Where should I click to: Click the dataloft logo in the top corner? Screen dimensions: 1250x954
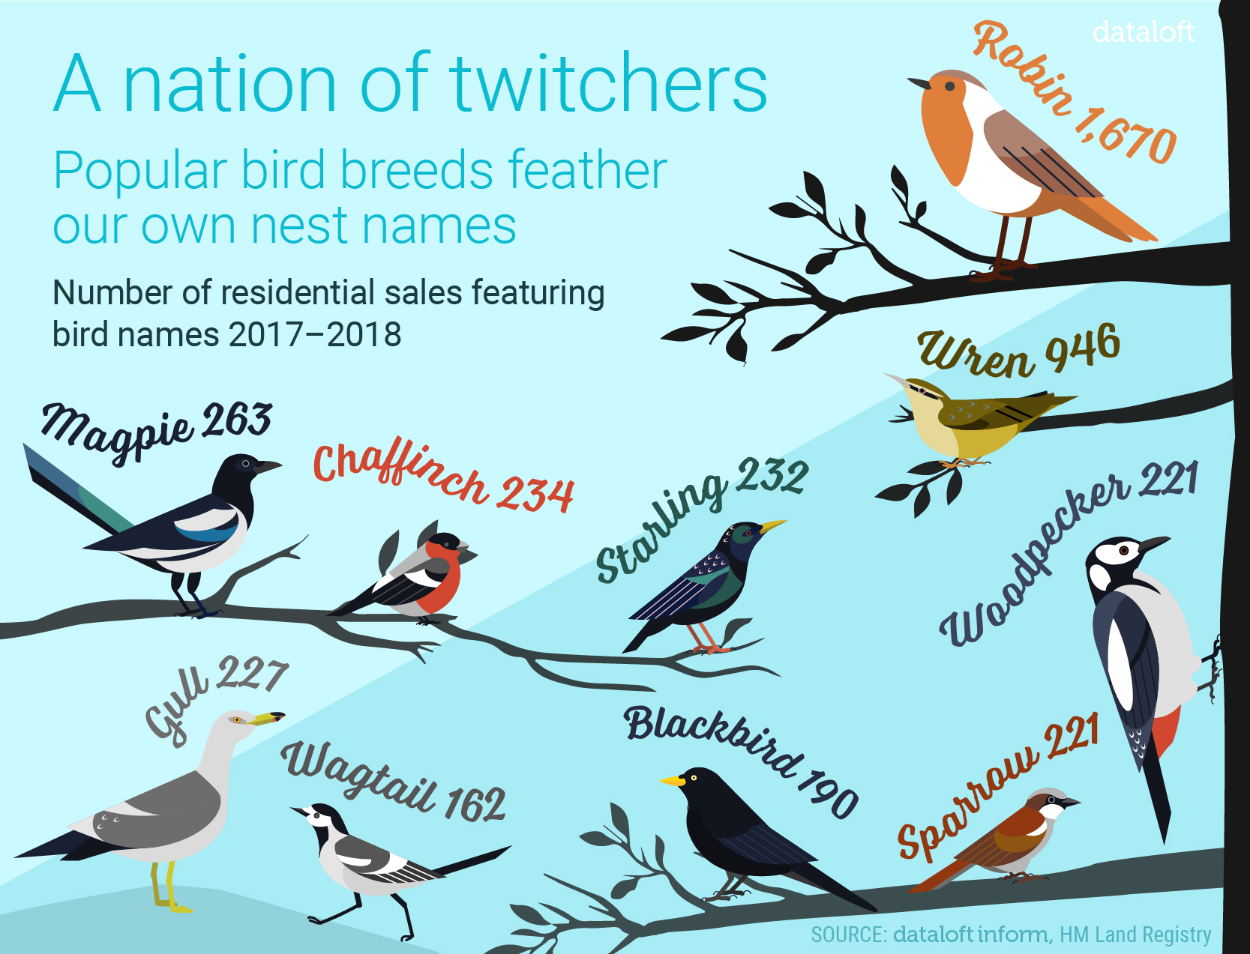pyautogui.click(x=1142, y=32)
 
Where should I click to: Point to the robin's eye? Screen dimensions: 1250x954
pyautogui.click(x=950, y=86)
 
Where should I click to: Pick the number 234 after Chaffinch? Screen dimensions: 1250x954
pyautogui.click(x=534, y=495)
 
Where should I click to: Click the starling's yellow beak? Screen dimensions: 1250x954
pyautogui.click(x=772, y=525)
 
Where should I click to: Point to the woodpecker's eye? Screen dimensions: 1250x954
pyautogui.click(x=1123, y=551)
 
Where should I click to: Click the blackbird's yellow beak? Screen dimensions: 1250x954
pyautogui.click(x=673, y=780)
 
